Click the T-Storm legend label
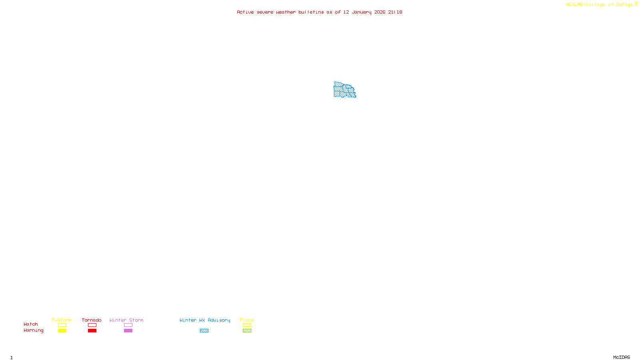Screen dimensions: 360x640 tap(62, 320)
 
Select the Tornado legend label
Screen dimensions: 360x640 tap(92, 320)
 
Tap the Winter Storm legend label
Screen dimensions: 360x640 tap(126, 320)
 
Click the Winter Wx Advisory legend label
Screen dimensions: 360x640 tap(205, 320)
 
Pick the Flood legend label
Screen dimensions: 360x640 tap(247, 320)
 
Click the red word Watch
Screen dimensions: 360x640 tap(31, 324)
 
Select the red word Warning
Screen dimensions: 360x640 tap(33, 330)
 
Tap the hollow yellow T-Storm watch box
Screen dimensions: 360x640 tap(62, 325)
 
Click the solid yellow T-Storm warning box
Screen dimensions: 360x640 tap(62, 331)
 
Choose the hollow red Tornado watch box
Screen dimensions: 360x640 tap(92, 325)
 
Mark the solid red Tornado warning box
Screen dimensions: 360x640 tap(92, 331)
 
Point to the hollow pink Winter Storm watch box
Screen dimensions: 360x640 tap(128, 325)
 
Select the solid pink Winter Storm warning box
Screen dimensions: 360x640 tap(128, 331)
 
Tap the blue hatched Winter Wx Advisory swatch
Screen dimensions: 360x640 tap(204, 331)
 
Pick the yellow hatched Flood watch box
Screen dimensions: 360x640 tap(247, 325)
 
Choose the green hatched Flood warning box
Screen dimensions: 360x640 tap(247, 331)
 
